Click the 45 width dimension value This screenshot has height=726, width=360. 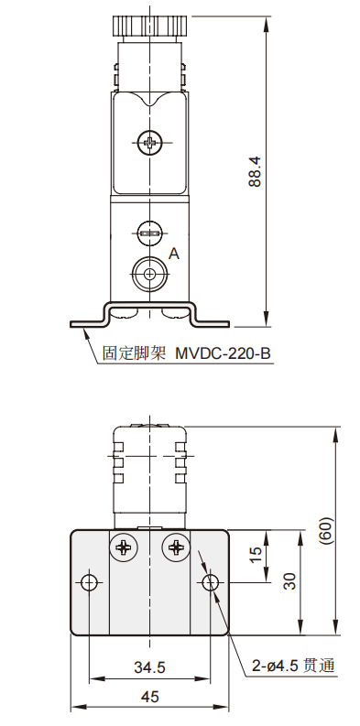(x=150, y=697)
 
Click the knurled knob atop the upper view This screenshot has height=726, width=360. (x=149, y=26)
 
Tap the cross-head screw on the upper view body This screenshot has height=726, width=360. (x=149, y=142)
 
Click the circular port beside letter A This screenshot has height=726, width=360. (x=149, y=272)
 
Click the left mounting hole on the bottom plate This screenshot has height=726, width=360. (x=88, y=583)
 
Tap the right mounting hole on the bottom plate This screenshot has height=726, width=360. (x=212, y=583)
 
